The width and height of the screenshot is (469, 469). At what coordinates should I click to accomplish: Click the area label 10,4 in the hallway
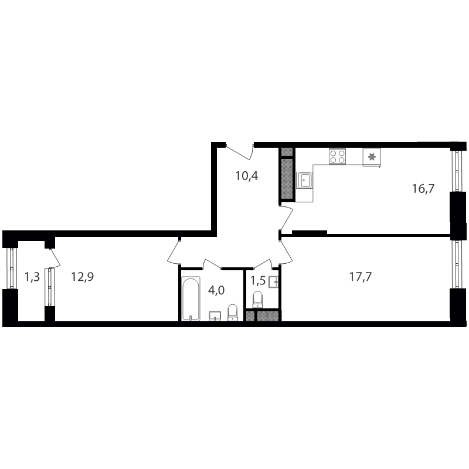247,176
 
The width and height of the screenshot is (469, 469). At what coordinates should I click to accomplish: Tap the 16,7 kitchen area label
423,189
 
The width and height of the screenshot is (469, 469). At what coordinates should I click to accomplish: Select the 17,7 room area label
361,277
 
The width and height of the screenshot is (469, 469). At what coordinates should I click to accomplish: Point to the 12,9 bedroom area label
83,277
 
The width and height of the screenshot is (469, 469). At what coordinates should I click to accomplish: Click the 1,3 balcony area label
32,277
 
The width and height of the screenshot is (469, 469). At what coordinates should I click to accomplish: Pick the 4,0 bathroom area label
216,290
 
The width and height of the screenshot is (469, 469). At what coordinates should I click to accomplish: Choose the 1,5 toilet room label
258,281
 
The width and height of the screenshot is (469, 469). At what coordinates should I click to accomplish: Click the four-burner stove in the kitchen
338,156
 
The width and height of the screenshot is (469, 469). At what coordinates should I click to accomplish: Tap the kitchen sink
305,180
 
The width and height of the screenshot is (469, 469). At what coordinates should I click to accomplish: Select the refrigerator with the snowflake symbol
372,157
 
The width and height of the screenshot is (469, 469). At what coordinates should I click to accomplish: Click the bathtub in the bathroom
191,299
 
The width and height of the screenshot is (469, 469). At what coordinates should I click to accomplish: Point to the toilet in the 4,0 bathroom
232,312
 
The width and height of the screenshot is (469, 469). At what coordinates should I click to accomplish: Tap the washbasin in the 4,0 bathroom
215,316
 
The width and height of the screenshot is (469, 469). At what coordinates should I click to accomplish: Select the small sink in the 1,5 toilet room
273,282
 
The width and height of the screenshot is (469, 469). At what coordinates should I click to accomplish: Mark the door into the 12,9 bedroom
174,252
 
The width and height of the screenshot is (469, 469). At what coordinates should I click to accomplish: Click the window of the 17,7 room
457,264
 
